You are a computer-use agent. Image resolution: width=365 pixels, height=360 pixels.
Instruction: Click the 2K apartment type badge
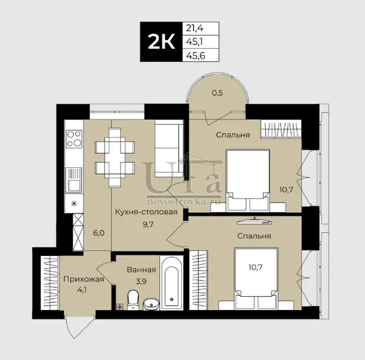(161, 42)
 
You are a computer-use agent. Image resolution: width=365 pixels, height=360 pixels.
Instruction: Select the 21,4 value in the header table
(195, 28)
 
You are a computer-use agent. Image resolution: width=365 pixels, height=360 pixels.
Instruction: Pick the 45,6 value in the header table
(195, 55)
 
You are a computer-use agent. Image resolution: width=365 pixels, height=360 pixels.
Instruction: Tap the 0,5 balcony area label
(217, 93)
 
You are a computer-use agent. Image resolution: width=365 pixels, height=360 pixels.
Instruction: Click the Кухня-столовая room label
(147, 212)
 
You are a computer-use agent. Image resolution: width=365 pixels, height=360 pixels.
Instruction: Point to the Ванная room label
(141, 270)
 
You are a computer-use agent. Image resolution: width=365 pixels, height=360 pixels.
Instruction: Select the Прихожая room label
(83, 279)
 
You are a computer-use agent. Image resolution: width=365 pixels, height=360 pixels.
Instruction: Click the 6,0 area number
(99, 233)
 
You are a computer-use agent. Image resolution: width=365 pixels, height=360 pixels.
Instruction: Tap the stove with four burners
(74, 139)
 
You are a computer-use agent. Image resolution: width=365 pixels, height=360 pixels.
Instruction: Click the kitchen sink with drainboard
(74, 179)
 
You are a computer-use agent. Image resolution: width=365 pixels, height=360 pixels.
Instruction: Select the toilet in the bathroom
(133, 300)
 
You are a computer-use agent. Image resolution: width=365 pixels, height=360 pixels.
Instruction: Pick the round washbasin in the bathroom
(151, 304)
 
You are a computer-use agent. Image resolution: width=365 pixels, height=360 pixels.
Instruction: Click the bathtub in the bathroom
(172, 283)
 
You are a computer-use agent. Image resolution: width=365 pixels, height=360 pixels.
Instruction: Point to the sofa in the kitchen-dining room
(169, 148)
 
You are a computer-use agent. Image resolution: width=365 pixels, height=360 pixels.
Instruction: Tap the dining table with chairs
(115, 157)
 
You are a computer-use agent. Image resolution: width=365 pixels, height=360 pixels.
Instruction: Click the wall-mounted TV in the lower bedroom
(254, 221)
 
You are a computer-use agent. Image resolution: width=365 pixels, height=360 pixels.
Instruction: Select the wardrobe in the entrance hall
(50, 283)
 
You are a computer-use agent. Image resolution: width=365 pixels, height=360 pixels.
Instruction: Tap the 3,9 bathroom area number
(141, 282)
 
